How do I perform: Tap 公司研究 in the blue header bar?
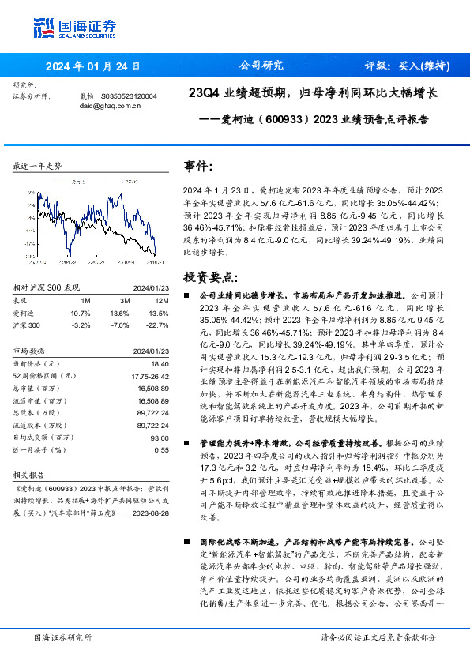click(261, 66)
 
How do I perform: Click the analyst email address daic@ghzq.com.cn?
click(107, 105)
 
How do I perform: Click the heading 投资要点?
click(210, 277)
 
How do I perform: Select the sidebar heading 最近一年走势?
click(37, 167)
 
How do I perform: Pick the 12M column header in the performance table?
click(162, 300)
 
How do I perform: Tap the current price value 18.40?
click(160, 363)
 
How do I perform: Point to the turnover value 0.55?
click(162, 449)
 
